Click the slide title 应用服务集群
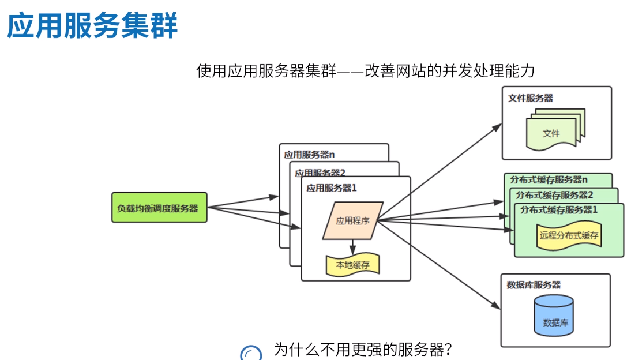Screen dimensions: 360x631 (x=92, y=26)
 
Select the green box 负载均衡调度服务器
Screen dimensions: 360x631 (x=159, y=208)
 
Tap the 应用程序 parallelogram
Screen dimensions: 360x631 (x=352, y=220)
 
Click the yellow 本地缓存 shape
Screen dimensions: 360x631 (x=352, y=265)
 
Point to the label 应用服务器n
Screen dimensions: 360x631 (x=309, y=155)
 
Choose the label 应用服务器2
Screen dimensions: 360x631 (x=320, y=172)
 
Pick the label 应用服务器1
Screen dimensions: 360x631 (x=332, y=187)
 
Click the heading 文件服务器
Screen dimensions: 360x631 (x=531, y=98)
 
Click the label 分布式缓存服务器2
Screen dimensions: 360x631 (x=554, y=194)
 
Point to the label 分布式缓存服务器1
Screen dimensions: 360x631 (x=559, y=209)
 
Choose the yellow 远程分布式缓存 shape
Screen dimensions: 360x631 (x=569, y=235)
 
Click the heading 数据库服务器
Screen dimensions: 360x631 (x=534, y=285)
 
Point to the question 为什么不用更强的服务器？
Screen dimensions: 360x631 (x=362, y=350)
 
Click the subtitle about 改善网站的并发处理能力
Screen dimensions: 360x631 (x=366, y=71)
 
